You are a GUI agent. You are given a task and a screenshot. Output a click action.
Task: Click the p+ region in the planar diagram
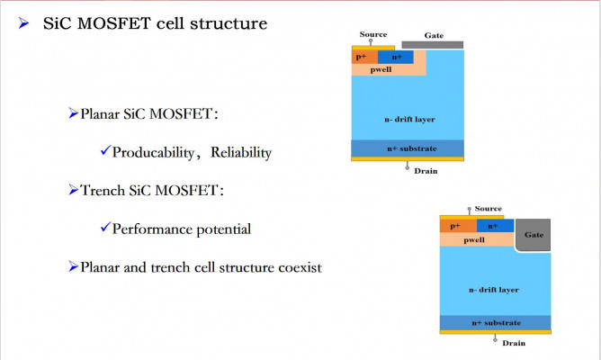[x=362, y=57]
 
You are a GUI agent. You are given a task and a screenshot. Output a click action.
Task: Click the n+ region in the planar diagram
[x=396, y=57]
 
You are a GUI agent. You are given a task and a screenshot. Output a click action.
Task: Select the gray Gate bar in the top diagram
[x=433, y=44]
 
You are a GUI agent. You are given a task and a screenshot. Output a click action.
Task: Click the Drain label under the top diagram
[x=425, y=170]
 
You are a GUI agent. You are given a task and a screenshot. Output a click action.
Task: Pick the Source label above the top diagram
[x=373, y=34]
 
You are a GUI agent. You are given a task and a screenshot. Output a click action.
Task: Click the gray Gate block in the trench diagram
[x=534, y=234]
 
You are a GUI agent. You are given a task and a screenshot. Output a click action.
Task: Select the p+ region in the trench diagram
[x=454, y=226]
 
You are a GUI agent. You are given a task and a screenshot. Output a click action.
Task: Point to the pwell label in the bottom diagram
[x=474, y=239]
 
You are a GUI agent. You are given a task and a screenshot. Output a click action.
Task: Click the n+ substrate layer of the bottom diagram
[x=495, y=321]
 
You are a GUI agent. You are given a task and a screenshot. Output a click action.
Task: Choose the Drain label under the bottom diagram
[x=514, y=343]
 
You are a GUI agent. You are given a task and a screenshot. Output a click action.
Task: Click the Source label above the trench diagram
[x=488, y=209]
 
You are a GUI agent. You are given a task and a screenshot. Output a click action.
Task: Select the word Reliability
[x=240, y=152]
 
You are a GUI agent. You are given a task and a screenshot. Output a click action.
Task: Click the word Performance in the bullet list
[x=151, y=229]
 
